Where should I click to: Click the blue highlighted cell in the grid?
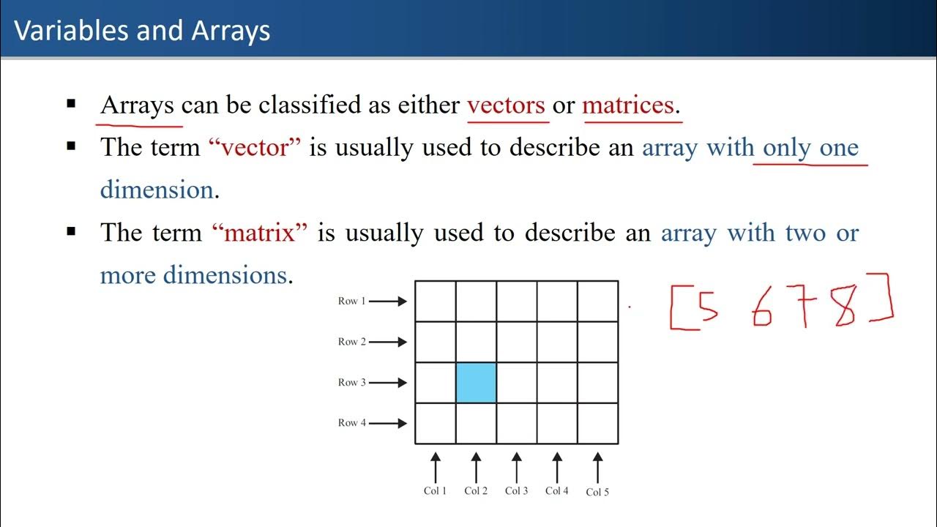click(476, 382)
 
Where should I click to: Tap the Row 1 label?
click(352, 301)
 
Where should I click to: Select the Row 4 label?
click(352, 422)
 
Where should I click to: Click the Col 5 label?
click(597, 492)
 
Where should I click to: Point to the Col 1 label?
click(435, 490)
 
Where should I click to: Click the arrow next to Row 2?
click(388, 342)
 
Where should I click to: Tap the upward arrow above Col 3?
click(516, 466)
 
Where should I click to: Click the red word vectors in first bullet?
click(506, 105)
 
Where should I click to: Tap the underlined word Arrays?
click(137, 105)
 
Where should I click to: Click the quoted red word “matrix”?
click(260, 233)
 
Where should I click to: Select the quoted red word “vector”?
click(255, 148)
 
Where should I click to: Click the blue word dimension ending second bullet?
click(156, 190)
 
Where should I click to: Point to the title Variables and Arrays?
click(143, 31)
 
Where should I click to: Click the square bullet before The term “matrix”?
click(71, 231)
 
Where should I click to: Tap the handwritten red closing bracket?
click(883, 299)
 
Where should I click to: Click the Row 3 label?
click(352, 382)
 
